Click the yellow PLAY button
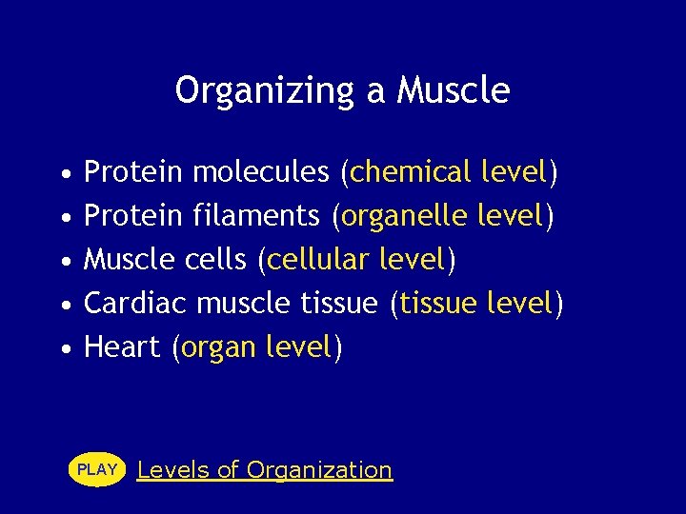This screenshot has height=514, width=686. click(x=97, y=469)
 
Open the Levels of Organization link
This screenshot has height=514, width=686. click(x=265, y=470)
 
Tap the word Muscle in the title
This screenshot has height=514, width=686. click(x=454, y=91)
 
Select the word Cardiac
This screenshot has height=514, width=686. click(x=135, y=304)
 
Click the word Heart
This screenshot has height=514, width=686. click(x=122, y=347)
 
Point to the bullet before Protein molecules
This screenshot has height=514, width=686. click(x=64, y=174)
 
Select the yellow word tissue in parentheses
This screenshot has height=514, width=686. click(x=438, y=304)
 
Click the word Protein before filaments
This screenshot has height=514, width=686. click(x=133, y=216)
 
